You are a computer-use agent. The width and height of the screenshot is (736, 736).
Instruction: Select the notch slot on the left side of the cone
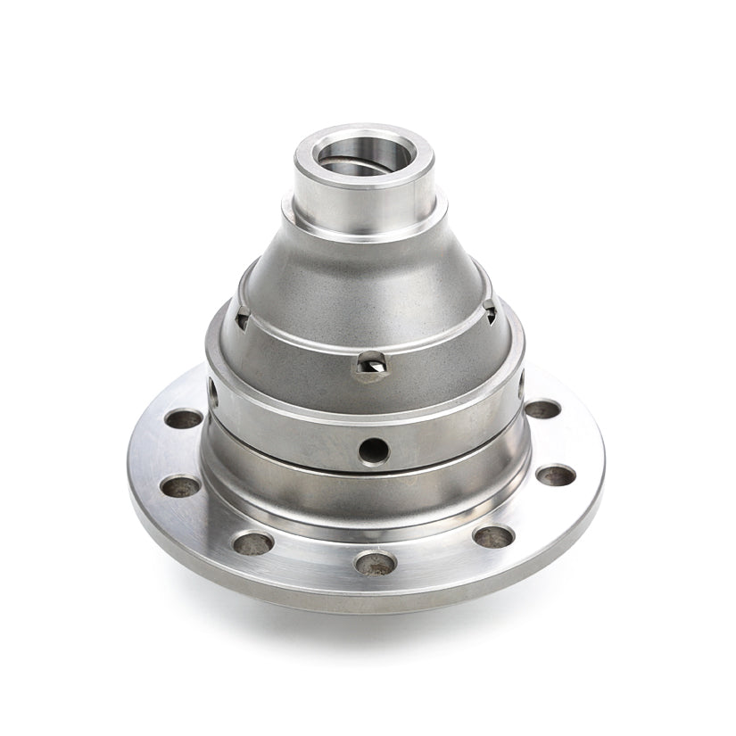coord(242,316)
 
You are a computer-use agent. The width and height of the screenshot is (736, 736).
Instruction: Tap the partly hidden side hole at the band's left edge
coord(212,391)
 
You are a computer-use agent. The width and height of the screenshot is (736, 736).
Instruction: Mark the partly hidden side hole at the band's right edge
coord(520,385)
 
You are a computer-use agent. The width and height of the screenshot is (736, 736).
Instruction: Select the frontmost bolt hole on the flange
coord(375,563)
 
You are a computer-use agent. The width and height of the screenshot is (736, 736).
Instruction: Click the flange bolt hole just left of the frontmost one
coord(253,542)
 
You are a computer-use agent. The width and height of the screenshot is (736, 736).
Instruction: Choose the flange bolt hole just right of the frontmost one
coord(493,536)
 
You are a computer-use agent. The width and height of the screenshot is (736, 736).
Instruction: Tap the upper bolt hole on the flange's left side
coord(184,418)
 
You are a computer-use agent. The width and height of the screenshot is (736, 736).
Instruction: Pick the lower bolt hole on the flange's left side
coord(180,486)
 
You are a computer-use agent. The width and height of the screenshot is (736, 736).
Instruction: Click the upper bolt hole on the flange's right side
coord(542,409)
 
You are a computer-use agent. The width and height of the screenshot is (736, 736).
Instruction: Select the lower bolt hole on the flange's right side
coord(555,475)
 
